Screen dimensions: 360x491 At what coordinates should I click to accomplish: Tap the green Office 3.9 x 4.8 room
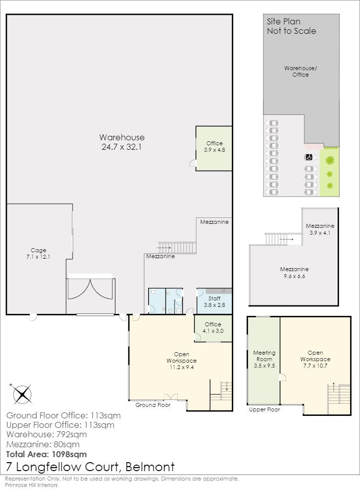[x=214, y=148]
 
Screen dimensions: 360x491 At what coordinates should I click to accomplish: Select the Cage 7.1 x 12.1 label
[x=38, y=253]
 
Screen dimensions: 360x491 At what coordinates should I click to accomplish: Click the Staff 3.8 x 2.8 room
[x=214, y=301]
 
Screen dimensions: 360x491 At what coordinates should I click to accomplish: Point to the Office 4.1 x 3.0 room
[x=213, y=328]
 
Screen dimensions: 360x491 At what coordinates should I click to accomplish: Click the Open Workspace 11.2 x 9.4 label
[x=181, y=361]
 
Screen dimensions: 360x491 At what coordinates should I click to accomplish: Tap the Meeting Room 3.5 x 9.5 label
[x=264, y=359]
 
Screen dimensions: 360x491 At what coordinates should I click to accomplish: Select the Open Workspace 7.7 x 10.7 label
[x=315, y=359]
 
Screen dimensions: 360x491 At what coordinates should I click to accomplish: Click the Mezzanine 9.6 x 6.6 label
[x=294, y=273]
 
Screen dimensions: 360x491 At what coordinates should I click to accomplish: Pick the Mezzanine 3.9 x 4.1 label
[x=320, y=229]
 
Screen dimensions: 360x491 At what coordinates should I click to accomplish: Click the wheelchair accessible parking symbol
[x=308, y=157]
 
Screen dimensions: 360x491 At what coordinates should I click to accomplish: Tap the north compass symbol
[x=22, y=394]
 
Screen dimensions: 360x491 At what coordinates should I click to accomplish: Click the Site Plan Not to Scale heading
[x=291, y=26]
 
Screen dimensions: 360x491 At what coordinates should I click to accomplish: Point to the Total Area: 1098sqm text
[x=46, y=454]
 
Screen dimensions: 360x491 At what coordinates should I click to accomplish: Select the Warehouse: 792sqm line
[x=46, y=434]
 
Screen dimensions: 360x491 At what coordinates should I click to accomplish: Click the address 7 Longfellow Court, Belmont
[x=90, y=467]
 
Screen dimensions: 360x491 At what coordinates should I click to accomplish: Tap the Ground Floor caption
[x=153, y=405]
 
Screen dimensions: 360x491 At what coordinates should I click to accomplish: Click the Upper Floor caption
[x=265, y=409]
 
